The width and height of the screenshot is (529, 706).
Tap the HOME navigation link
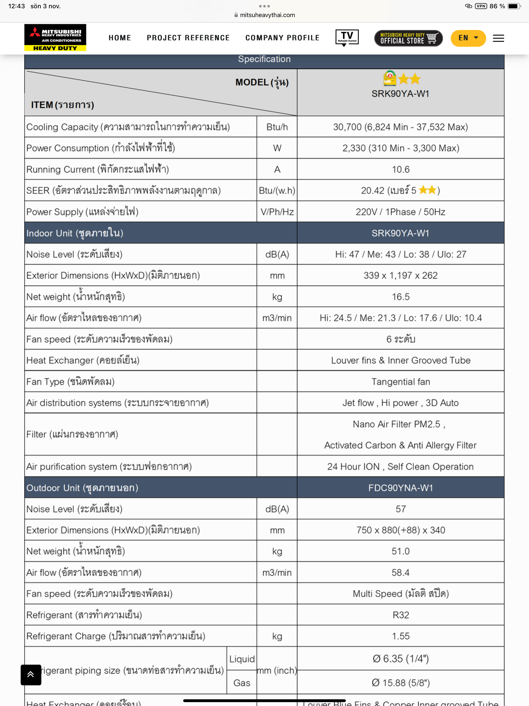(120, 38)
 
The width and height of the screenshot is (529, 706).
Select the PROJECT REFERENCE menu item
(188, 38)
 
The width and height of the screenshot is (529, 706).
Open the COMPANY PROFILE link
(282, 38)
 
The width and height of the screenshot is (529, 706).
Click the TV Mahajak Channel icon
(347, 38)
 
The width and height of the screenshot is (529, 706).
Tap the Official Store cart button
(408, 38)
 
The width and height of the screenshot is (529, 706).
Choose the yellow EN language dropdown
(468, 38)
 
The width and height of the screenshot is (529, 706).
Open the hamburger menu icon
(498, 38)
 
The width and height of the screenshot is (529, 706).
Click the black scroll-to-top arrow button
(31, 674)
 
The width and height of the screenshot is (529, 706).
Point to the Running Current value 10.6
(400, 170)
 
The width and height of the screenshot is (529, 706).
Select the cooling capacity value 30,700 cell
(400, 127)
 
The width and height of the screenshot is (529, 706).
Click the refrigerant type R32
(400, 615)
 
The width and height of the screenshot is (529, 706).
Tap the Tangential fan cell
(400, 382)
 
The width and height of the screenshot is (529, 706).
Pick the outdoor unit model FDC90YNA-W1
(400, 488)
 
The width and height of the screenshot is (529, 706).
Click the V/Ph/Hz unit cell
(277, 212)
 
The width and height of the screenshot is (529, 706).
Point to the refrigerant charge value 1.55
(400, 636)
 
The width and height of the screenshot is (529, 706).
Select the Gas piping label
(242, 683)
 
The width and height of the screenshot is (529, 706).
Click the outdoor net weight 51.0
(400, 551)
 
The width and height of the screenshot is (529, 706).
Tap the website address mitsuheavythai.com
(267, 15)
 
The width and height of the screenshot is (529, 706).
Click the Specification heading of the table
(264, 59)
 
